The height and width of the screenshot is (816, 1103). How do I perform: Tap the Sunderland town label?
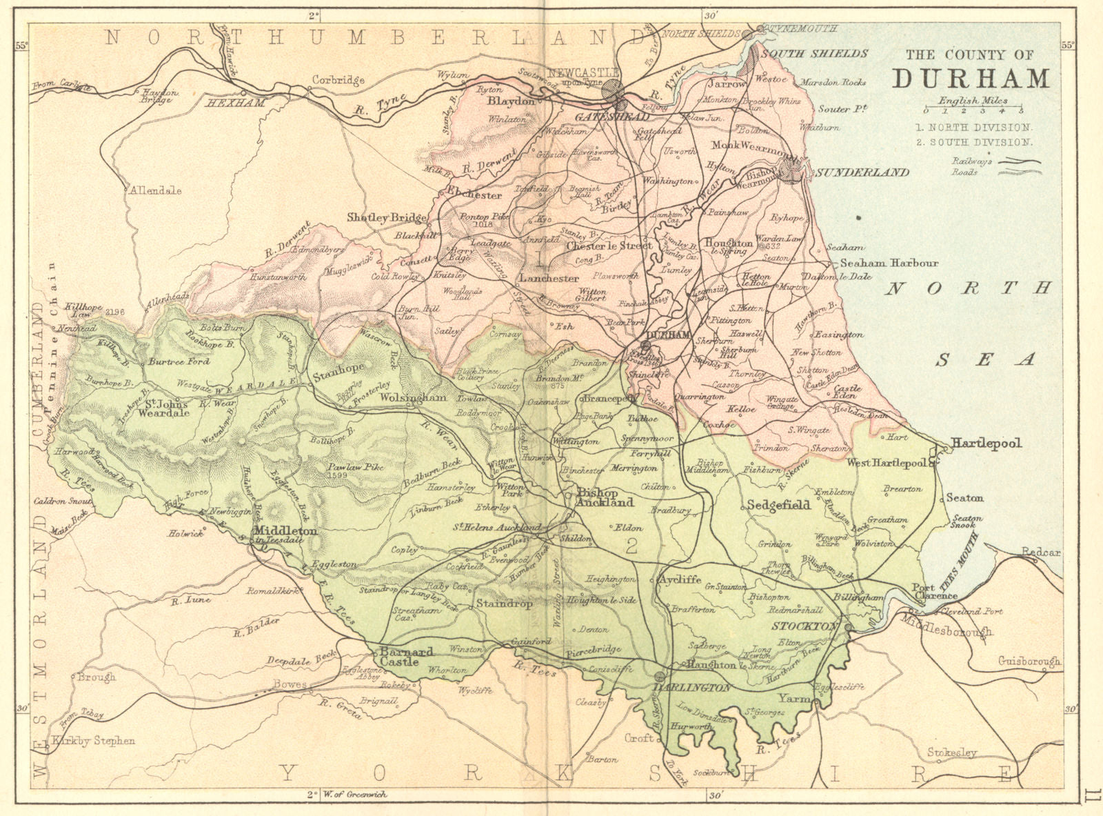tap(862, 172)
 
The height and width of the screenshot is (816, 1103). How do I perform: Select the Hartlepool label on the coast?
tap(986, 443)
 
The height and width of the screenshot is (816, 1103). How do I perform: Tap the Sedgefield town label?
tap(778, 505)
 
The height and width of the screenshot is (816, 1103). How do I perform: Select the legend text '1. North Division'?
tap(973, 128)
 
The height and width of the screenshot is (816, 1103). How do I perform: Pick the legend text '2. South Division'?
tap(973, 142)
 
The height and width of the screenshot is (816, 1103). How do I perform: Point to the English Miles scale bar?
tap(973, 109)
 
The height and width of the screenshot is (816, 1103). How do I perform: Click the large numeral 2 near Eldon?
tap(630, 547)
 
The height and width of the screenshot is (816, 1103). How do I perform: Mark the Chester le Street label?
tap(609, 245)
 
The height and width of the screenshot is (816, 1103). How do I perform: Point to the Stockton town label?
tap(805, 626)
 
